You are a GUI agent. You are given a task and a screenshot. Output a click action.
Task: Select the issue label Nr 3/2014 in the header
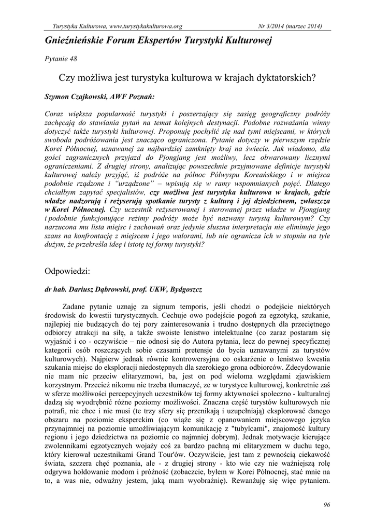(273, 26)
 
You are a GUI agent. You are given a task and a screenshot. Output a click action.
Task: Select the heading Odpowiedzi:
(68, 271)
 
